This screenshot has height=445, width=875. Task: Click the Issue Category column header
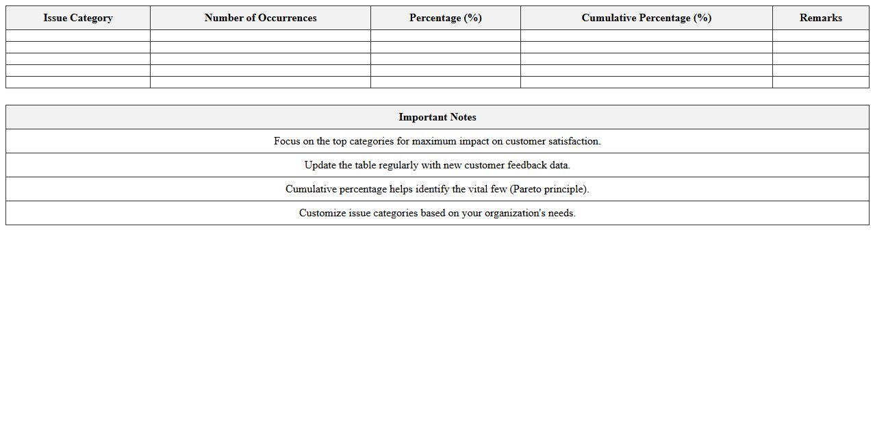point(78,18)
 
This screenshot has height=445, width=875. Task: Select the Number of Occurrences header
point(260,18)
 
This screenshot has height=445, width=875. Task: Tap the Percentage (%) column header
point(446,18)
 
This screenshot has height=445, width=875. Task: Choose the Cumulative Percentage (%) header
point(646,18)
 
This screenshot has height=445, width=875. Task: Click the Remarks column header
point(820,18)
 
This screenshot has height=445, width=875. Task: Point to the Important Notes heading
point(437,117)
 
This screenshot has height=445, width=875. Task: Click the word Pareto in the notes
point(527,189)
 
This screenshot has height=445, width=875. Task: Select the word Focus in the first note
point(287,141)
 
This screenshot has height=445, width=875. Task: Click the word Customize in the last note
point(322,213)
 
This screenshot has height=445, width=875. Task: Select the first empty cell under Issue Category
point(78,36)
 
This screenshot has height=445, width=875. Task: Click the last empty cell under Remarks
point(820,82)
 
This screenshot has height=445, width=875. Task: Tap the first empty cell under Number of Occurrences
point(260,36)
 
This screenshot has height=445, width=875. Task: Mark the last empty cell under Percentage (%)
point(446,82)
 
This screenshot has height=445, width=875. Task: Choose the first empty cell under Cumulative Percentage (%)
point(646,36)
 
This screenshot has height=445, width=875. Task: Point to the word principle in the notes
point(566,189)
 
